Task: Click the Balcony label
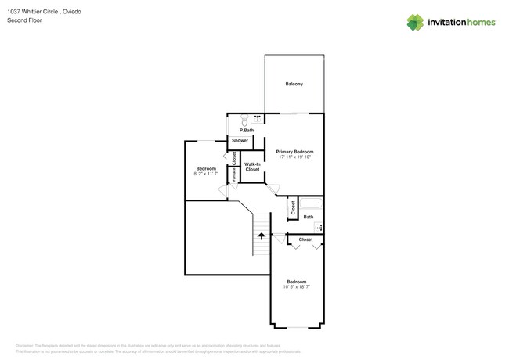pos(294,84)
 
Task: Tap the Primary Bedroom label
pos(294,151)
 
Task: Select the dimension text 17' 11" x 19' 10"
pos(294,157)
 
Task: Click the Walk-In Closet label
pos(252,167)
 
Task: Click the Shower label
pos(240,141)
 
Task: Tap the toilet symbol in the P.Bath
pos(244,121)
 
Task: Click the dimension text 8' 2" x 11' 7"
pos(206,174)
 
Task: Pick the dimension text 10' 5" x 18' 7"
pos(297,287)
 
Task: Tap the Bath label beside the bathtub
pos(309,217)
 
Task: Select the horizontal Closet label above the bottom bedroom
pos(305,239)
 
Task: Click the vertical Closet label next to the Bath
pos(294,207)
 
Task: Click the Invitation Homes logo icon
pos(414,22)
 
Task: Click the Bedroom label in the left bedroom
pos(206,168)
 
